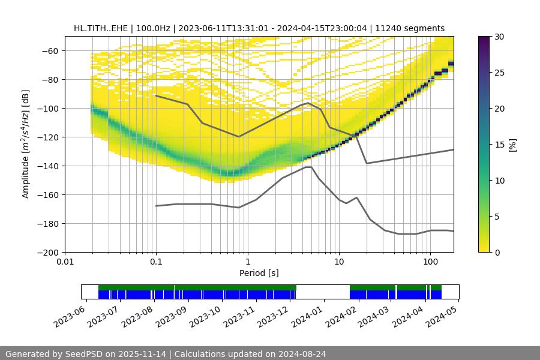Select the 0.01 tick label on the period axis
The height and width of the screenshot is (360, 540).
65,262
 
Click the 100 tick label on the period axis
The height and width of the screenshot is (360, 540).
430,262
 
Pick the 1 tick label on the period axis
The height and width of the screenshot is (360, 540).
247,262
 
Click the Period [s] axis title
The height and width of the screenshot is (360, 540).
259,273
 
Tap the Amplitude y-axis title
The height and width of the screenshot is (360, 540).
26,144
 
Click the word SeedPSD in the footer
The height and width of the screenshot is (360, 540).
85,354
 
